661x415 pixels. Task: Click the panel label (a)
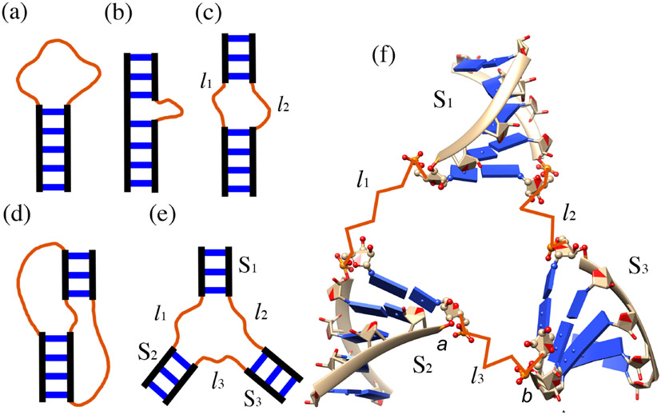18,14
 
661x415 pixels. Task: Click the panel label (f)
386,57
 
